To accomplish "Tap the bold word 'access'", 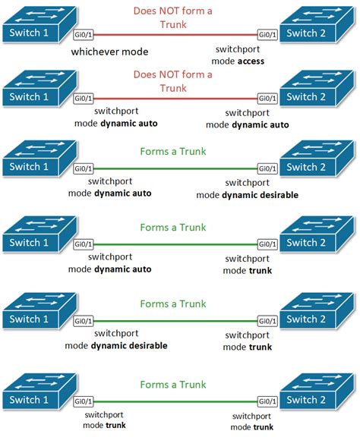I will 250,61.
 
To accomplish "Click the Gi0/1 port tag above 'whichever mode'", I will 84,34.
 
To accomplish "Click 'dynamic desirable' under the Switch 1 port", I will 133,345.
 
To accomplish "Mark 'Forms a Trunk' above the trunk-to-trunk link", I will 173,384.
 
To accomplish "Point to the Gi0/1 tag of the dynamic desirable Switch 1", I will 84,321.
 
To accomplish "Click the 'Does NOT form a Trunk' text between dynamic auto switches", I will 173,80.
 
